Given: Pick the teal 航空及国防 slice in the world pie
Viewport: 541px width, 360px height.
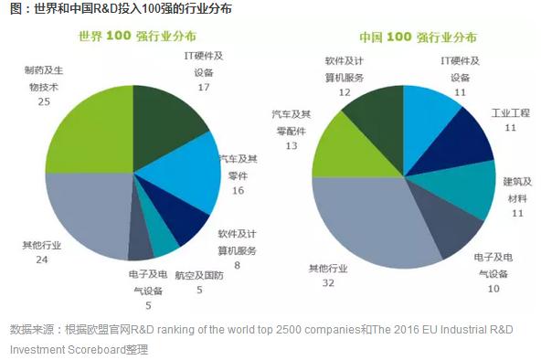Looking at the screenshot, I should (163, 240).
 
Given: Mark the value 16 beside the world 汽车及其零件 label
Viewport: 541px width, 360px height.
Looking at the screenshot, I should (239, 190).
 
